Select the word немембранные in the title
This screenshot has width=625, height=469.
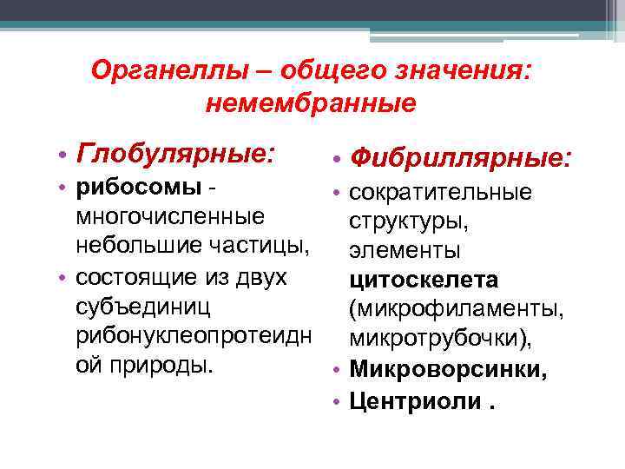[x=312, y=104]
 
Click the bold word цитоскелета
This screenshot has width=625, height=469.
[x=424, y=280]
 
